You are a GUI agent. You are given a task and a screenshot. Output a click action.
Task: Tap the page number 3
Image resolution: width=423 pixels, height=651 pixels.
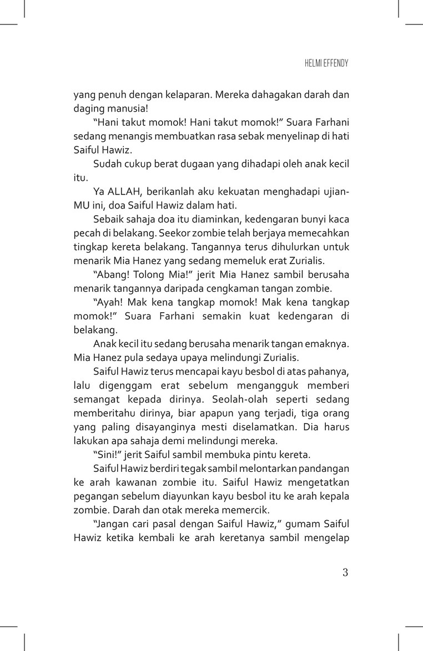(x=345, y=573)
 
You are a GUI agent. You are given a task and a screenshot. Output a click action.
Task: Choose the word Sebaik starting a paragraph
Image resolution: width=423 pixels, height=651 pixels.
(x=109, y=218)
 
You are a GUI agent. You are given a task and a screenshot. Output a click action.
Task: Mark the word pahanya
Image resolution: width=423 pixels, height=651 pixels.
(x=331, y=371)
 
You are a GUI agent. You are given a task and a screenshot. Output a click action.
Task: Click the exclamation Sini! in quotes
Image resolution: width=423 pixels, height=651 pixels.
(x=108, y=455)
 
